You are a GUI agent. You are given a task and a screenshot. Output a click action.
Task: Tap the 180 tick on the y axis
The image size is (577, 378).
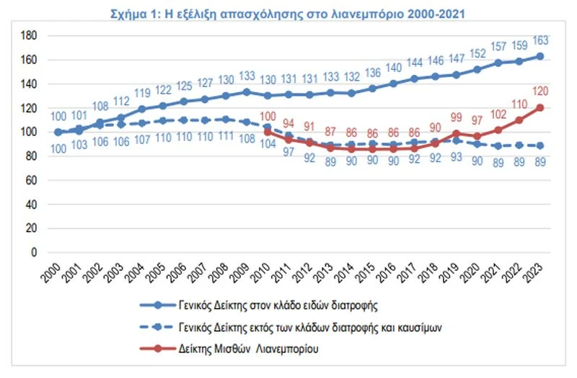tap(28, 35)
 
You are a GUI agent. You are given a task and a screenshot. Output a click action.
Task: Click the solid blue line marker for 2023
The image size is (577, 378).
tap(540, 56)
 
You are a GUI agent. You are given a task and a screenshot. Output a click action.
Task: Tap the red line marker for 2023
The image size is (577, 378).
tap(540, 108)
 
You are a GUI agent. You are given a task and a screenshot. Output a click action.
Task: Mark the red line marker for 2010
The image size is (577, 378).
tap(268, 132)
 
